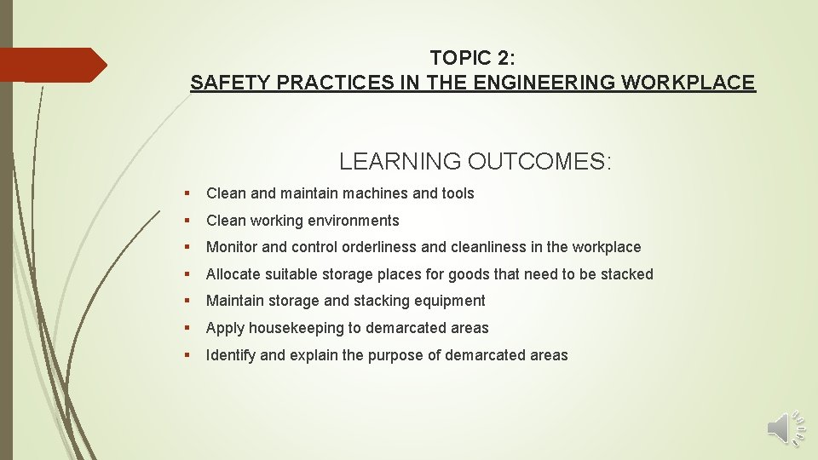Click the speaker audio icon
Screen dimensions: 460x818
click(x=785, y=428)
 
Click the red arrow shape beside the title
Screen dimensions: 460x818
click(x=51, y=65)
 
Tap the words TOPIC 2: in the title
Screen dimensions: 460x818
click(x=472, y=58)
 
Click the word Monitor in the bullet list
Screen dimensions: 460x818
click(x=232, y=247)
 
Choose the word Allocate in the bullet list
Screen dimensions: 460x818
click(x=233, y=274)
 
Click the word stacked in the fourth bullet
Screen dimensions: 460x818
click(x=628, y=274)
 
